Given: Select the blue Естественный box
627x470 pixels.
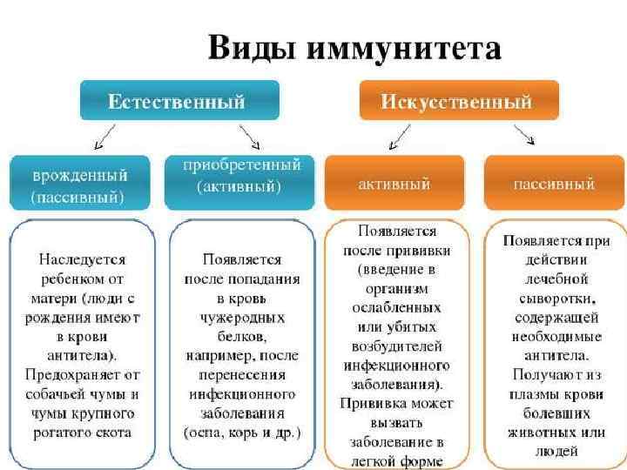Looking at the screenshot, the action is pyautogui.click(x=179, y=101).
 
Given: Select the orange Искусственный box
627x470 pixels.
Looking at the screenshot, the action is pyautogui.click(x=446, y=101).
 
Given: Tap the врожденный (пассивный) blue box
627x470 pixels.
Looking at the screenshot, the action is pyautogui.click(x=79, y=184).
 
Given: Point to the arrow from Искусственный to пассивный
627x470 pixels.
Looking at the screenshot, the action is pyautogui.click(x=524, y=136).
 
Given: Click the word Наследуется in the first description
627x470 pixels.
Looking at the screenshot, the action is pyautogui.click(x=83, y=259).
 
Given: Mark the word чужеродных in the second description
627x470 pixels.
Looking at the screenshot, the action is pyautogui.click(x=241, y=317).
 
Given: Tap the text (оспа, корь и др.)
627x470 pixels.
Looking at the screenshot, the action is pyautogui.click(x=241, y=432).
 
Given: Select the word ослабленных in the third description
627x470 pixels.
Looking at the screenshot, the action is pyautogui.click(x=396, y=308).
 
